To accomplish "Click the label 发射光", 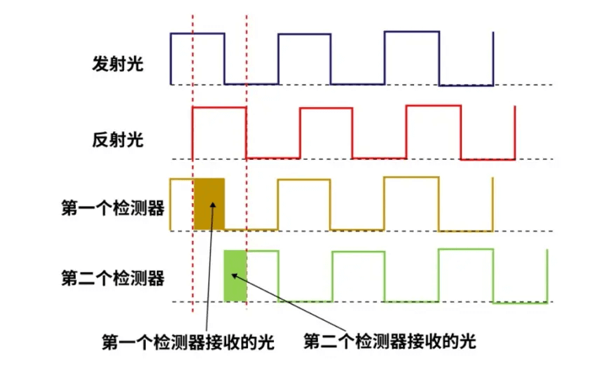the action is [x=118, y=64].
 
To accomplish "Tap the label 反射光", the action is [x=118, y=139].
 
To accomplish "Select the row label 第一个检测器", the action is [x=113, y=207].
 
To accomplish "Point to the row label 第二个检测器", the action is [x=113, y=278].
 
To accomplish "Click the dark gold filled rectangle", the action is [x=209, y=204].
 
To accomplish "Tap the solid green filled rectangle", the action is [x=235, y=276].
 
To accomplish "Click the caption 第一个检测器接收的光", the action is [x=188, y=343].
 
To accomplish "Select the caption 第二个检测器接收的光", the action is [x=390, y=341].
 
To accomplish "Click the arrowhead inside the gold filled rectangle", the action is [x=213, y=205].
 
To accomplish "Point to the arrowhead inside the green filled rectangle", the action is [x=235, y=276].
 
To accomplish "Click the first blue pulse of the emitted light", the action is [x=198, y=34].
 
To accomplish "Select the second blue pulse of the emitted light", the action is [x=305, y=34].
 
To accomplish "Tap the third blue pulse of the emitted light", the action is [x=412, y=32].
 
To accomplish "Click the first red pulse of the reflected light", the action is [x=219, y=108].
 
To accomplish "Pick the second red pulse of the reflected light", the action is [x=326, y=109].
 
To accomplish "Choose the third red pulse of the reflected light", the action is [x=434, y=106].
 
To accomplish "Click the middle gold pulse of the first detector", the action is [x=304, y=180].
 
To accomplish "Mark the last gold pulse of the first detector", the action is [x=412, y=177].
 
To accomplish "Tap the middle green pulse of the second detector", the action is [x=359, y=252].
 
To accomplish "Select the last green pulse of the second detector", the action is [x=466, y=249].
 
